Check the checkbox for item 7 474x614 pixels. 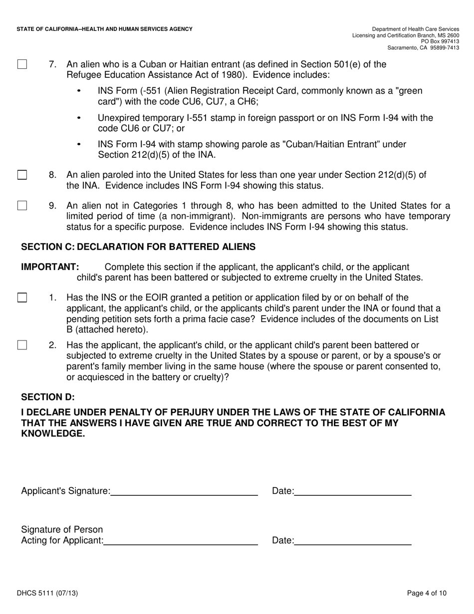[22, 64]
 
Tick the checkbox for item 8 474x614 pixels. [22, 175]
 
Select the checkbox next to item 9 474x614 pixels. [22, 206]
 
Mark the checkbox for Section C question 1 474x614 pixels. [22, 298]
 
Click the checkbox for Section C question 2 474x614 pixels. [22, 345]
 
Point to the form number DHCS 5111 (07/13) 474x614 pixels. [47, 594]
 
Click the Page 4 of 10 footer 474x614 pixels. [427, 594]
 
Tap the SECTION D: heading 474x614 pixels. [48, 397]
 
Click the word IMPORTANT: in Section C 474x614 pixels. [50, 267]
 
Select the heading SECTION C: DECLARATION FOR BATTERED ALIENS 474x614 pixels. [138, 247]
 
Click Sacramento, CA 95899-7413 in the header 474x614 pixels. [424, 47]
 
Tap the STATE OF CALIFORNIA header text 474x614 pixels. [104, 29]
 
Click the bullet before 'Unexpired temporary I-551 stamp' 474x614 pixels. [79, 118]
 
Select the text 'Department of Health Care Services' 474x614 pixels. [416, 29]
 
